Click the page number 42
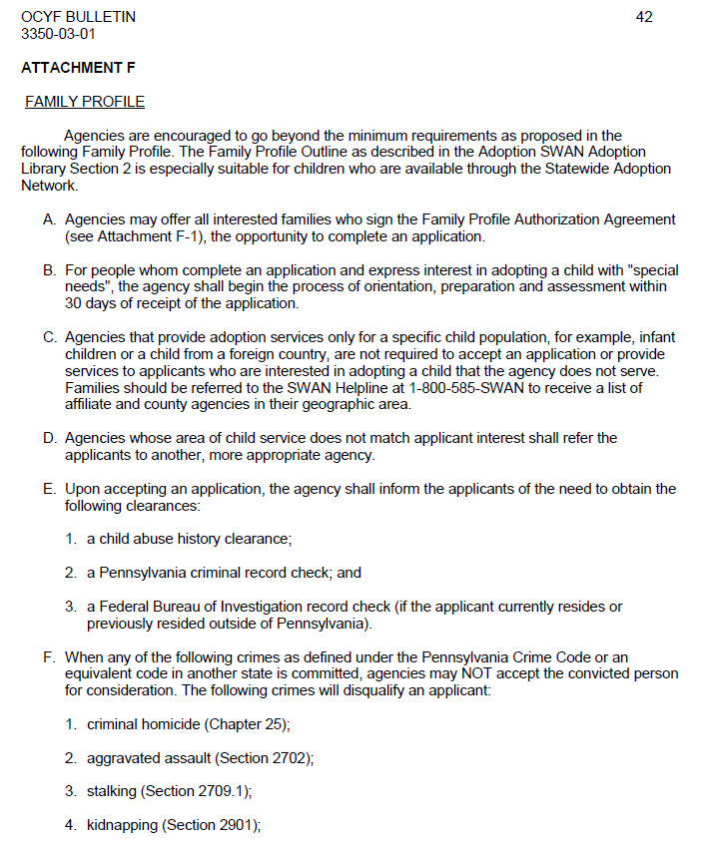(x=644, y=17)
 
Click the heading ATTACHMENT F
(x=78, y=68)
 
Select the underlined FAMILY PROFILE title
(x=85, y=102)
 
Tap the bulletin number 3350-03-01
(x=59, y=33)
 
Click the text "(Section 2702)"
(x=264, y=758)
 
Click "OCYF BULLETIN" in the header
(x=78, y=17)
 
